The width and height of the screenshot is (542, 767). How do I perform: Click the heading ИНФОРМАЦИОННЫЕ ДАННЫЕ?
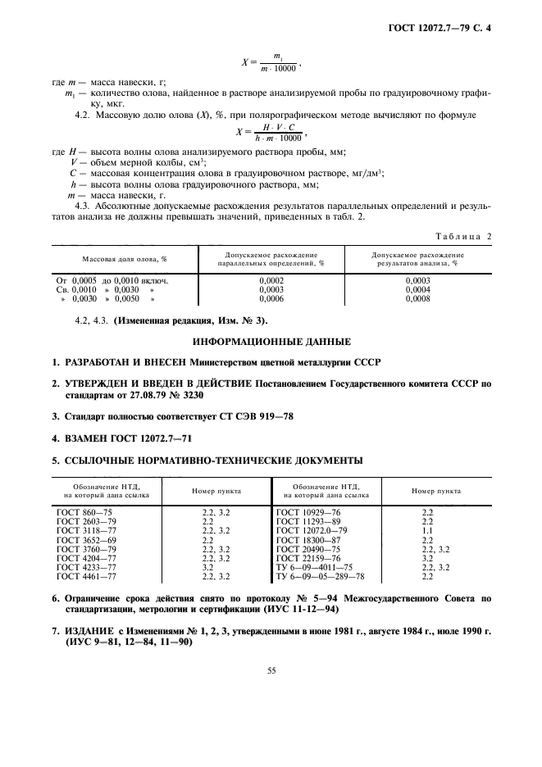point(271,340)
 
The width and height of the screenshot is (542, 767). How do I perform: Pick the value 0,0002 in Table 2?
point(271,280)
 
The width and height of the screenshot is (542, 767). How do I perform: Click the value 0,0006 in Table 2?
point(271,300)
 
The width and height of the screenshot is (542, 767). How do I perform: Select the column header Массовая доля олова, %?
point(124,259)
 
